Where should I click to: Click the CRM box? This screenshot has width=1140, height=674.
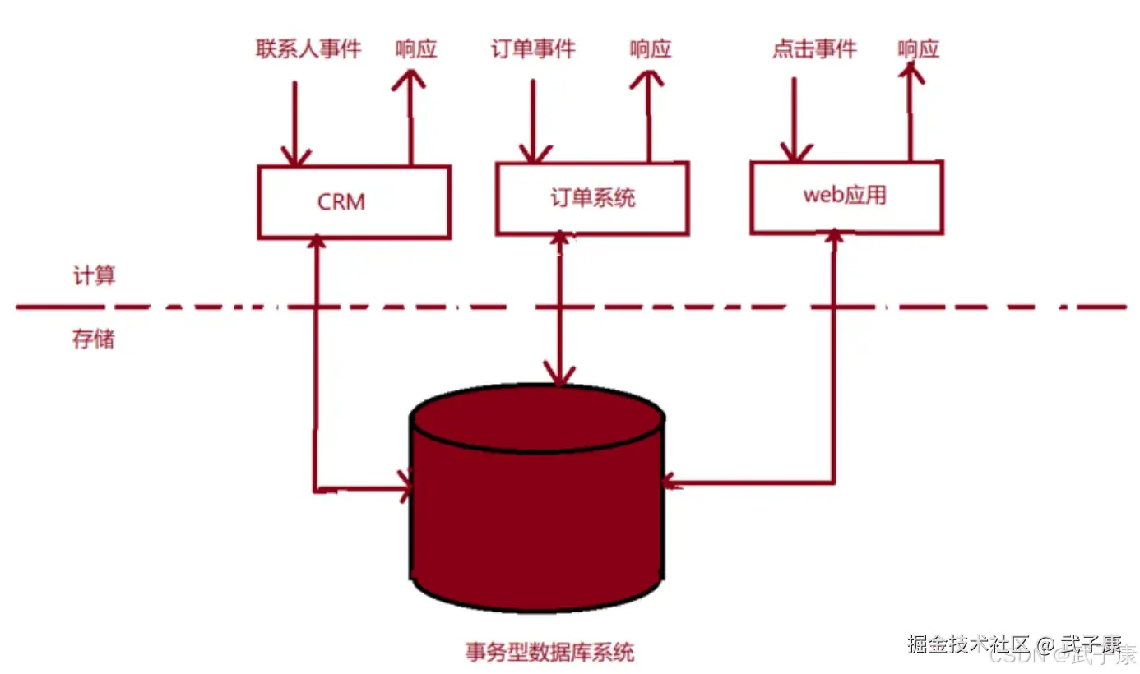pos(354,202)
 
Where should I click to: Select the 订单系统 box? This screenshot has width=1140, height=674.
pos(592,198)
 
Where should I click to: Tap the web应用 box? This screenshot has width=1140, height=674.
pos(846,197)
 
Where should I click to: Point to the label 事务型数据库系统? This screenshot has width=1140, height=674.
pos(549,653)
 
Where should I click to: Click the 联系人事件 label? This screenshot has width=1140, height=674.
pos(308,49)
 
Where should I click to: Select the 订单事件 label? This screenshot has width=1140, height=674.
pos(533,49)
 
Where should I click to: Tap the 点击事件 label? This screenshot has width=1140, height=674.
pos(814,49)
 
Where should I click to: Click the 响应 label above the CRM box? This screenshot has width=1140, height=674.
pos(416,49)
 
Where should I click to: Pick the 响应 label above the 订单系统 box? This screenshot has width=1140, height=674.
pos(651,49)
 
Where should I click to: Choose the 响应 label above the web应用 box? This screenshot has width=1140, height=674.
pos(918,49)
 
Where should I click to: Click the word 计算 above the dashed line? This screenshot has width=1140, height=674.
pos(95,276)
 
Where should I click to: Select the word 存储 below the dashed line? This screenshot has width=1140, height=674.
pos(94,339)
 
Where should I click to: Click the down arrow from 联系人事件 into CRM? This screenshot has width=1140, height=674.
pos(295,123)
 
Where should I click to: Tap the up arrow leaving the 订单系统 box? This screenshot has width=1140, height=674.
pos(649,115)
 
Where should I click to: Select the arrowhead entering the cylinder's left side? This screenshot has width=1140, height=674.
pos(404,486)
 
